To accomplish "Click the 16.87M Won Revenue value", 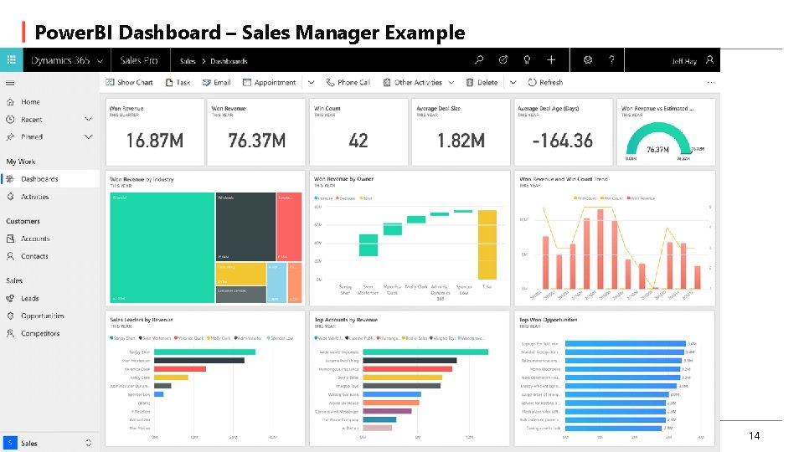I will (155, 141).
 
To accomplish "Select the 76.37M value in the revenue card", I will (257, 141).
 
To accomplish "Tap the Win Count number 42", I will (358, 141).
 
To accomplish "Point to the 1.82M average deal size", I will (461, 141).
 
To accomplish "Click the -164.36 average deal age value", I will (564, 141).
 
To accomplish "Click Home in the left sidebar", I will (30, 102).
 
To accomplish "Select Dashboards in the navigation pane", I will (39, 179).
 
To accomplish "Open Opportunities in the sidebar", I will (42, 316).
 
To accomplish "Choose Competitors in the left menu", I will (40, 333).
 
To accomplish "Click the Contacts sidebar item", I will (34, 256).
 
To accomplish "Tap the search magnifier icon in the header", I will (479, 60).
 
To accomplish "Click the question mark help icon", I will (612, 60).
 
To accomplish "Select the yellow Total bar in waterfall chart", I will (487, 244).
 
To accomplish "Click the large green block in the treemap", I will (162, 247).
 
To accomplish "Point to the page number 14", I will (754, 436).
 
